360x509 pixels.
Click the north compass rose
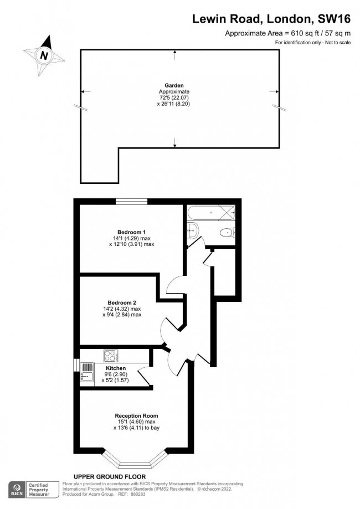coord(44,55)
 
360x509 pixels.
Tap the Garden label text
coord(174,85)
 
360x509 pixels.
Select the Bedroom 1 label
coord(131,232)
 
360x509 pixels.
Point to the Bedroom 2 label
coord(122,302)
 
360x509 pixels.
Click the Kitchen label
coord(115,368)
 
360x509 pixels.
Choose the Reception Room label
coord(136,416)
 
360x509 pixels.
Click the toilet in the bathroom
coord(226,233)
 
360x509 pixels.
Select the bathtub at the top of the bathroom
coord(210,212)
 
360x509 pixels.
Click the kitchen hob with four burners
coord(109,354)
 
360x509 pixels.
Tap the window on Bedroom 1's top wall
coord(132,201)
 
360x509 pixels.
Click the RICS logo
coord(16,489)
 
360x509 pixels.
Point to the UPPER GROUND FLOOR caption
coord(110,476)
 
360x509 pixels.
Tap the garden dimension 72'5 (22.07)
coord(174,97)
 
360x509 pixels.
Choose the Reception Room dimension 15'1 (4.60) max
coord(136,422)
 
